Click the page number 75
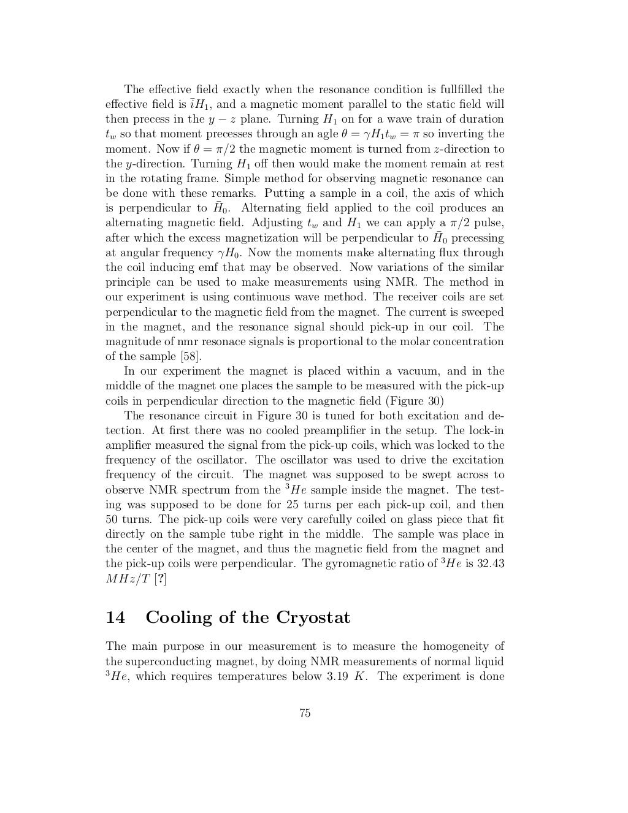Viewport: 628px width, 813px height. (x=305, y=712)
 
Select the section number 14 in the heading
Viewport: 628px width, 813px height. (x=115, y=617)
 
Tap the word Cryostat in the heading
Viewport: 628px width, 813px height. (x=313, y=617)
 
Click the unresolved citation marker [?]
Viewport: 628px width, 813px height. (x=160, y=579)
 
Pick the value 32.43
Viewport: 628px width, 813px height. (x=491, y=563)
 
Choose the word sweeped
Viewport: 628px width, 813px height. (x=482, y=312)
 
